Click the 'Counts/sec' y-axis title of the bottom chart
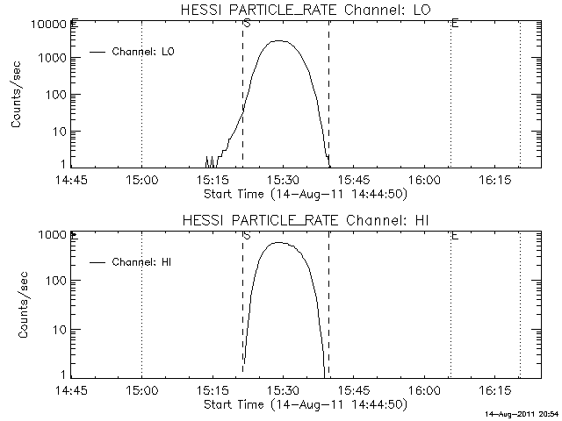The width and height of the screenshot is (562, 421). pyautogui.click(x=17, y=306)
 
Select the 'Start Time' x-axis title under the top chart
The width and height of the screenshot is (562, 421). pyautogui.click(x=304, y=193)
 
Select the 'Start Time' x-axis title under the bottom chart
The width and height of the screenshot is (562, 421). pyautogui.click(x=304, y=403)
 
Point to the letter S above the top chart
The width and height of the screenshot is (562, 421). pyautogui.click(x=247, y=23)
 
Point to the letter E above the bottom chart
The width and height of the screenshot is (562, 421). pyautogui.click(x=454, y=235)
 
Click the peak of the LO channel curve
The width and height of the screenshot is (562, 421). pyautogui.click(x=278, y=40)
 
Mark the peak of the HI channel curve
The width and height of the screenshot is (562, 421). pyautogui.click(x=280, y=242)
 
